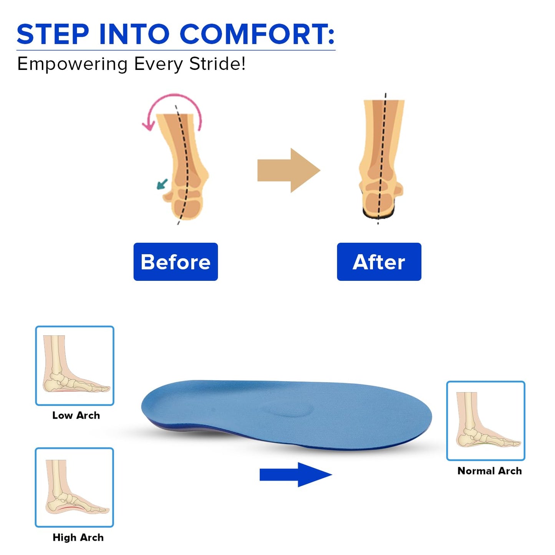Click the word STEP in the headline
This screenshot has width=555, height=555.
pyautogui.click(x=53, y=35)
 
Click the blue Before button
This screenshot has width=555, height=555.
pyautogui.click(x=176, y=262)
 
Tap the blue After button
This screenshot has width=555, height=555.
pyautogui.click(x=379, y=262)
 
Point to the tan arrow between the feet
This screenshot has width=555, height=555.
pyautogui.click(x=288, y=170)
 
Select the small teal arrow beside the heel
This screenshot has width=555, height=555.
pyautogui.click(x=162, y=184)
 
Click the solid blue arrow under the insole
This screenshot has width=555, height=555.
pyautogui.click(x=295, y=475)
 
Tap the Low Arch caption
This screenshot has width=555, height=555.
pyautogui.click(x=76, y=416)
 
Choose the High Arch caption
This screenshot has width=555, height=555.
pyautogui.click(x=78, y=537)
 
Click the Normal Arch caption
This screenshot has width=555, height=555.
pyautogui.click(x=489, y=471)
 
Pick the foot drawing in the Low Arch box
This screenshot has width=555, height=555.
pyautogui.click(x=73, y=369)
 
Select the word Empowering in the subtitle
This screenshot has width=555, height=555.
pyautogui.click(x=72, y=64)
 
